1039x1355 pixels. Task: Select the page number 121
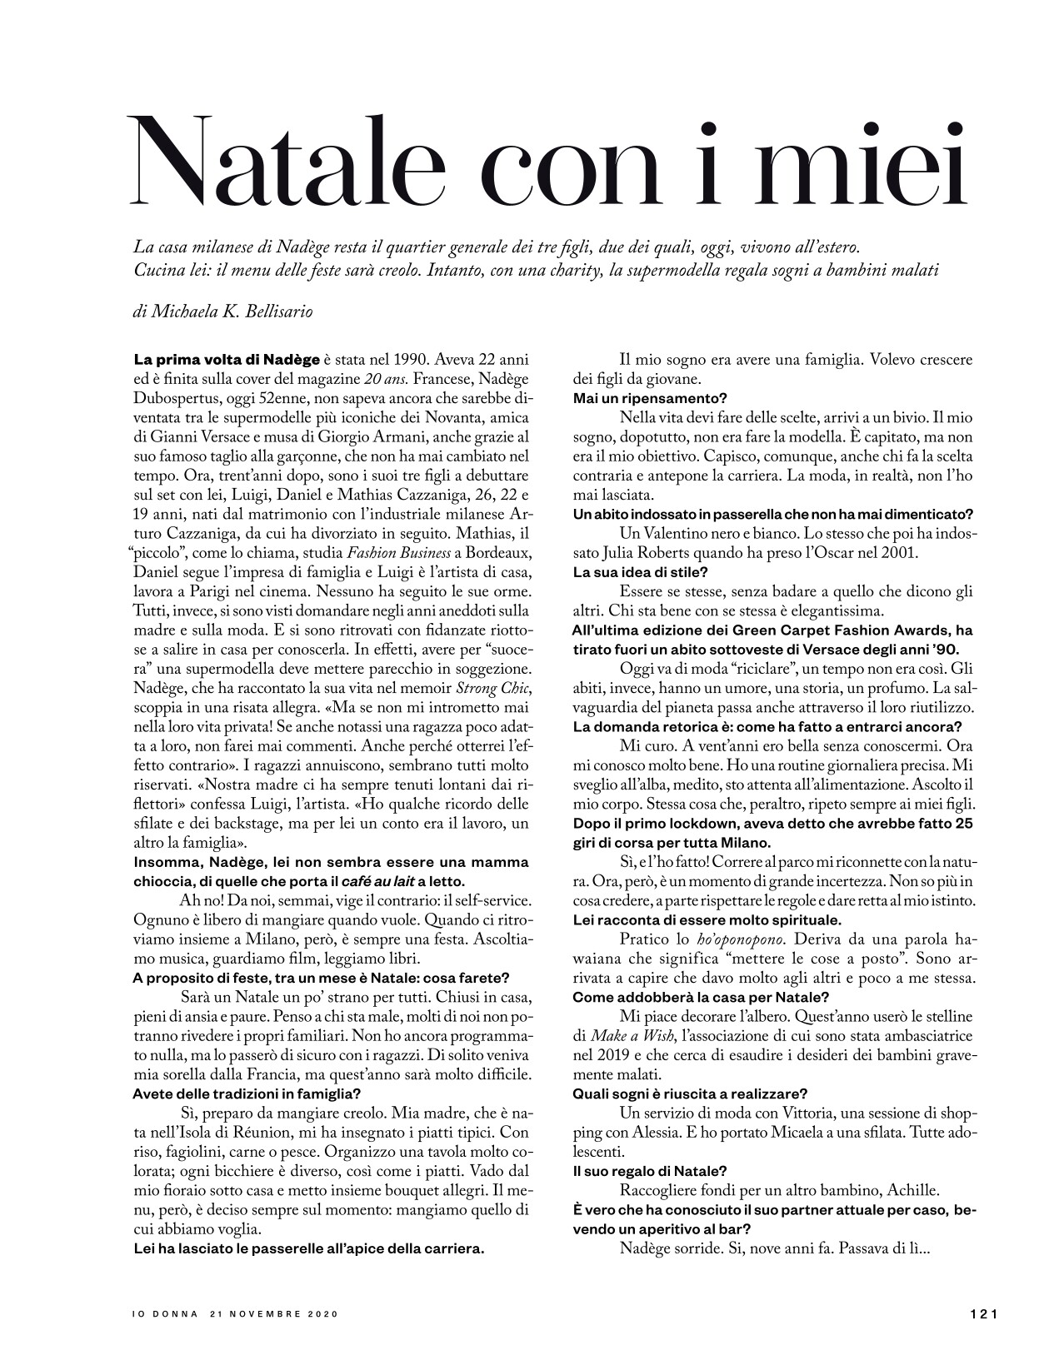click(984, 1313)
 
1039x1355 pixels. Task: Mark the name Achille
click(905, 1190)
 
